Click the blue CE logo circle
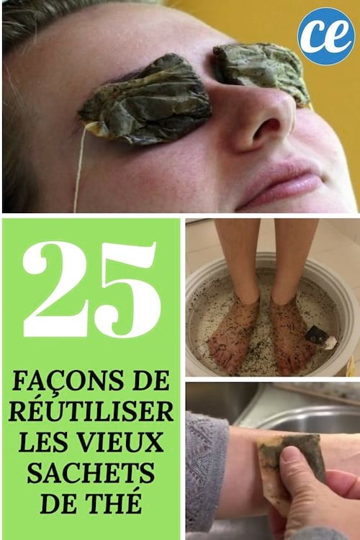[325, 35]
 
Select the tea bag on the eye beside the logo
[261, 68]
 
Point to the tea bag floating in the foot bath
[318, 336]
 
